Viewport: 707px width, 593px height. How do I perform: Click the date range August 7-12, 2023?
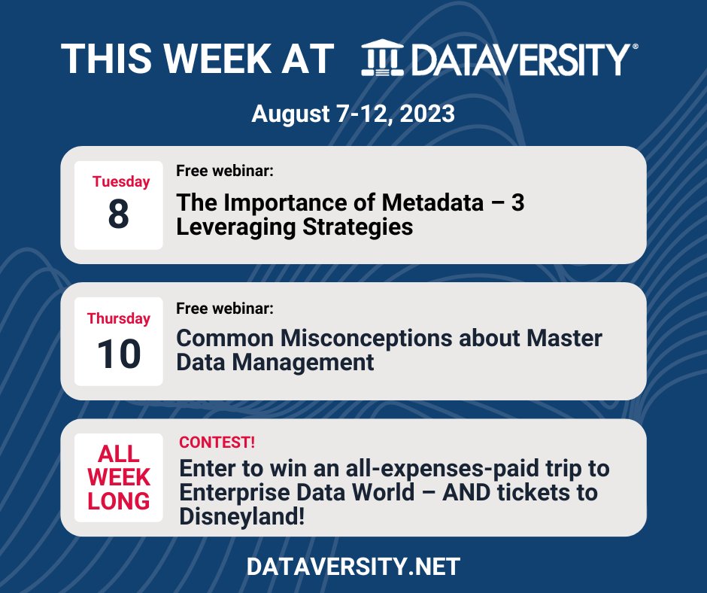pyautogui.click(x=353, y=114)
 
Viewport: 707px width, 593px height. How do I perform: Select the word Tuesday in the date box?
pyautogui.click(x=121, y=181)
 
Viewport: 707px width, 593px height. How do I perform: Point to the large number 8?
pyautogui.click(x=119, y=214)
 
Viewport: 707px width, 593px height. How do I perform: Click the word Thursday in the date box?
pyautogui.click(x=119, y=318)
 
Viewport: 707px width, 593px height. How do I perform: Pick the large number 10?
pyautogui.click(x=119, y=353)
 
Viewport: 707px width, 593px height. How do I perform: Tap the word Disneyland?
pyautogui.click(x=242, y=517)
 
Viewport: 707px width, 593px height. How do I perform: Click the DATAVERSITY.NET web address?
pyautogui.click(x=353, y=567)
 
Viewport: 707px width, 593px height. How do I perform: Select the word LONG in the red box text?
pyautogui.click(x=119, y=500)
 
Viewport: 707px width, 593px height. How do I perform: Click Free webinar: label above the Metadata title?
pyautogui.click(x=224, y=171)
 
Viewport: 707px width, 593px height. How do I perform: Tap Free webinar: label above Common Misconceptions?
pyautogui.click(x=224, y=309)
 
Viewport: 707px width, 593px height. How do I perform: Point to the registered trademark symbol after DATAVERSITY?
pyautogui.click(x=636, y=47)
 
